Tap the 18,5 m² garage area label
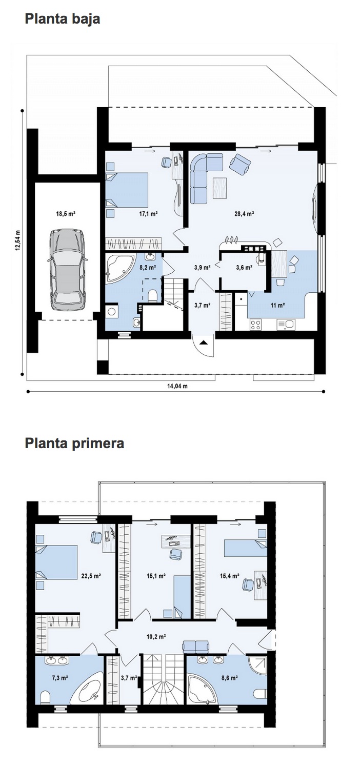click(x=65, y=214)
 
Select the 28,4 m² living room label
click(x=244, y=214)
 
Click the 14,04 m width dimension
click(x=177, y=386)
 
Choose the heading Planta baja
click(x=63, y=19)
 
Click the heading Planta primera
click(x=74, y=443)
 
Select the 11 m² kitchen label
click(x=277, y=305)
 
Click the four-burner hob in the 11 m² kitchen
click(x=256, y=324)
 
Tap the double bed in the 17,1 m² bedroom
click(x=127, y=190)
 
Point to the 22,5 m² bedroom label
click(x=91, y=576)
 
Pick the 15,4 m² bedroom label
click(x=229, y=576)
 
